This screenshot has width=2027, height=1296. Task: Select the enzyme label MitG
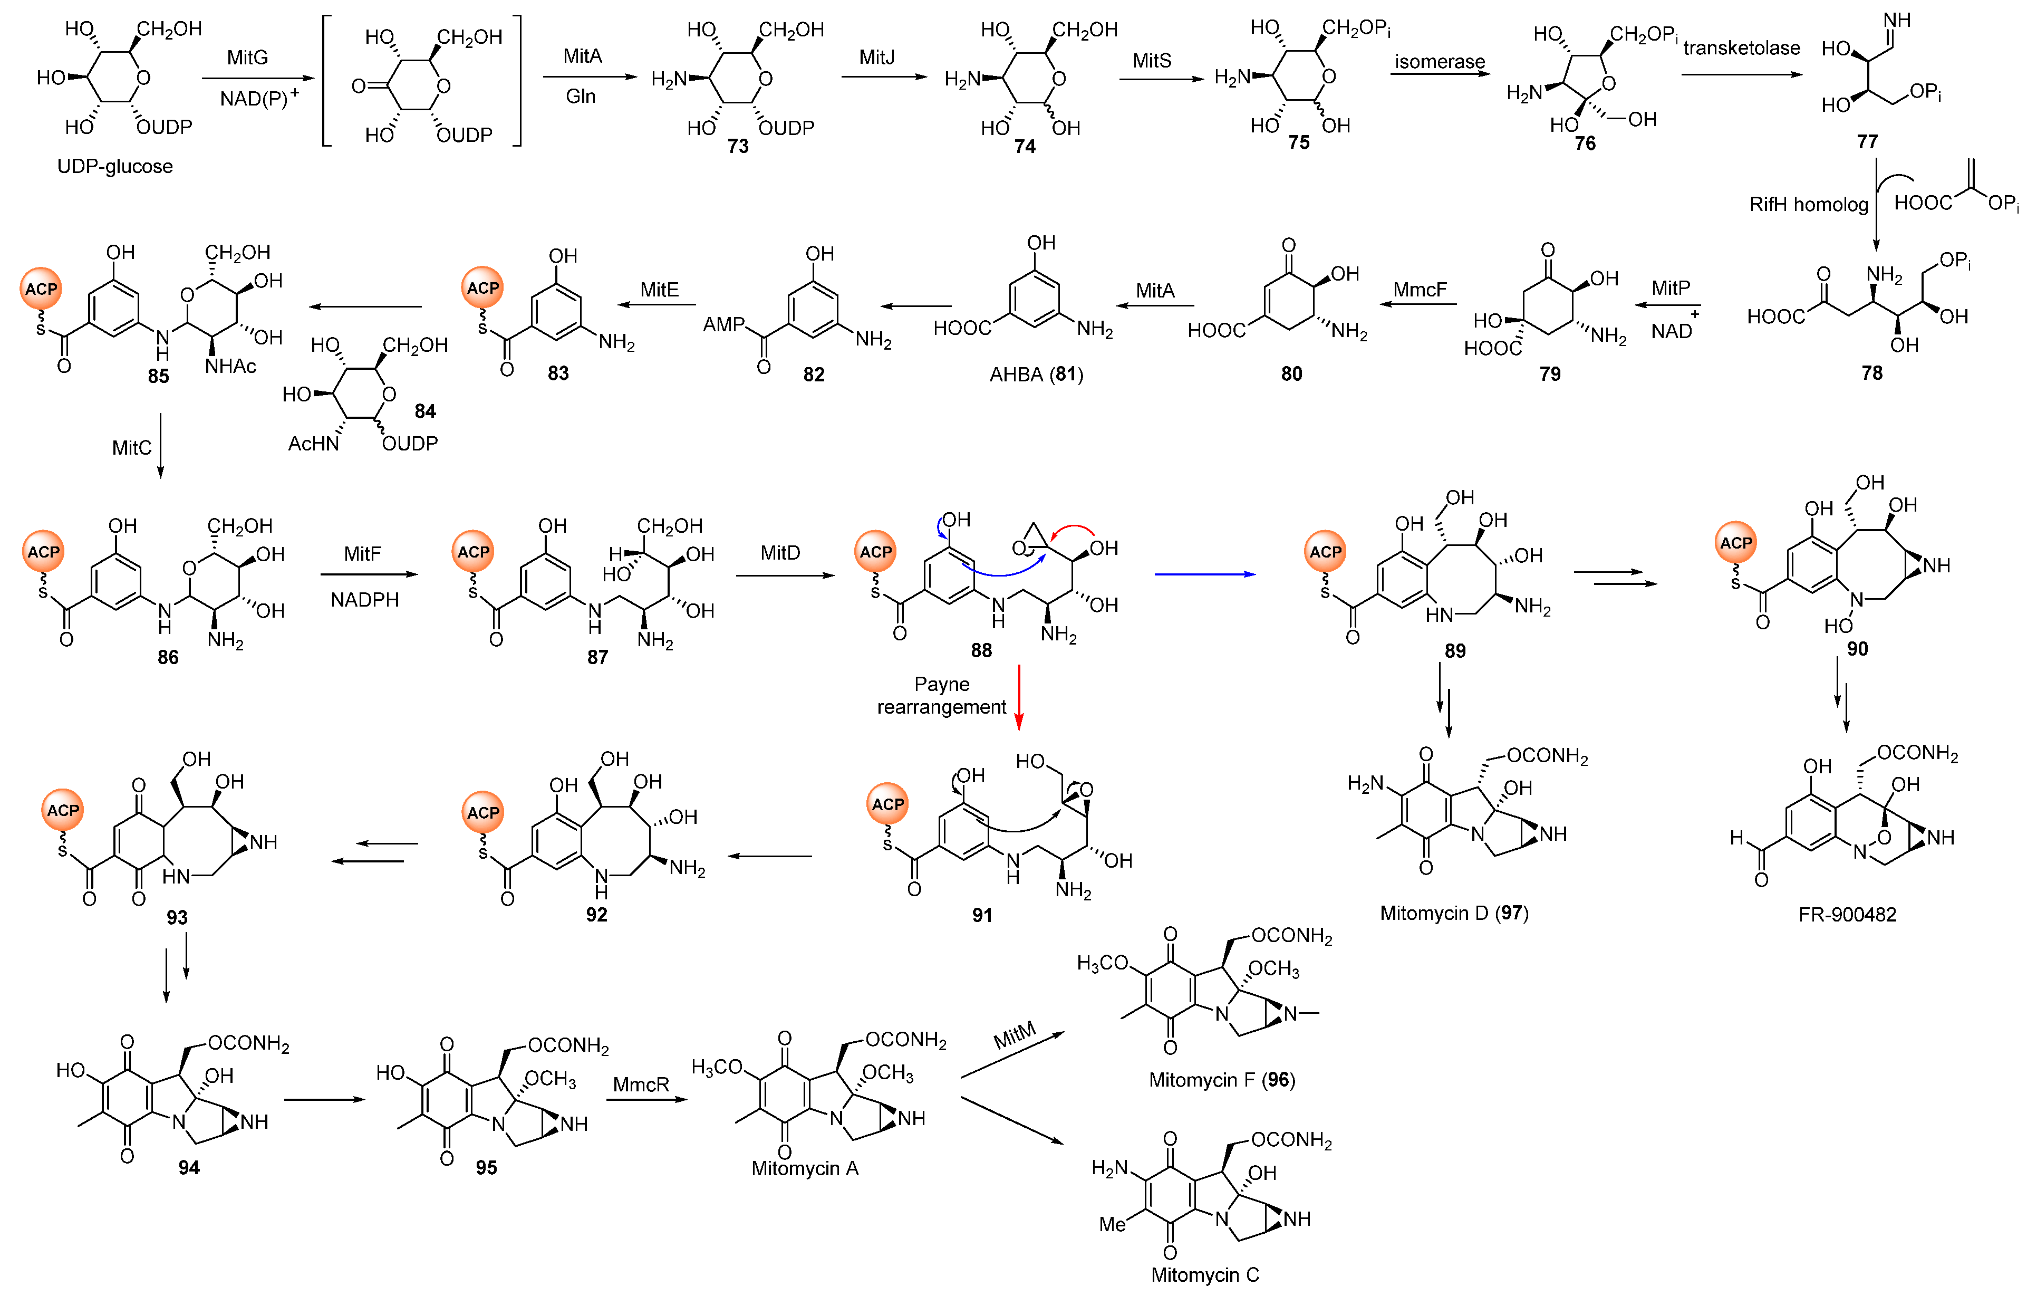click(x=247, y=57)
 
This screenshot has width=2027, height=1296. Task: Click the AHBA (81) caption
click(x=1036, y=374)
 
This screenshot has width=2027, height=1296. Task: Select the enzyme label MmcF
click(x=1419, y=290)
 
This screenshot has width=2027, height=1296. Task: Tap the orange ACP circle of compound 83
click(x=482, y=288)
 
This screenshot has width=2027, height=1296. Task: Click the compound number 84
click(x=425, y=411)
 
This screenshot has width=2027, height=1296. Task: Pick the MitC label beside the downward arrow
click(x=132, y=447)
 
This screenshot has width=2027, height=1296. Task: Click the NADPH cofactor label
click(x=364, y=600)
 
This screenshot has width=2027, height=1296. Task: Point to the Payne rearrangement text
click(x=941, y=696)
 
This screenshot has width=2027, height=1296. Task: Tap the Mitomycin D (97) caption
click(x=1454, y=913)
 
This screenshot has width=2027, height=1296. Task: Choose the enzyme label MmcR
click(x=641, y=1084)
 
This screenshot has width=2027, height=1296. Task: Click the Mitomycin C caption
click(x=1204, y=1274)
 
